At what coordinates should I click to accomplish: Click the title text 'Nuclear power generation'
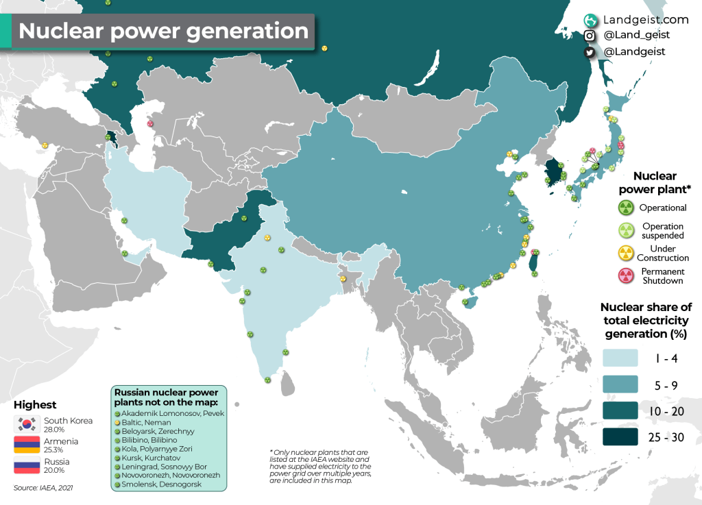(163, 32)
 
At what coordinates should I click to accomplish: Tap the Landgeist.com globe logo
(590, 20)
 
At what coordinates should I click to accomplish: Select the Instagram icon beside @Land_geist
(590, 36)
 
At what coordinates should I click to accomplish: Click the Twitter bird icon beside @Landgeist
(590, 51)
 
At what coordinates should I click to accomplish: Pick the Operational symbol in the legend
(625, 208)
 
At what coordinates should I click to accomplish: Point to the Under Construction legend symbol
(625, 253)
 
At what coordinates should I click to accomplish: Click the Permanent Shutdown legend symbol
(625, 275)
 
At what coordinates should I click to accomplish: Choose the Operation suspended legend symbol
(625, 230)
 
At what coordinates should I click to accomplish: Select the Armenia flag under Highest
(27, 445)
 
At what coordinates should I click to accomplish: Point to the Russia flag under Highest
(27, 467)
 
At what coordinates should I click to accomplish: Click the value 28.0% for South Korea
(54, 429)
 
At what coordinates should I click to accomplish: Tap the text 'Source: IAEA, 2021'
(44, 487)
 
